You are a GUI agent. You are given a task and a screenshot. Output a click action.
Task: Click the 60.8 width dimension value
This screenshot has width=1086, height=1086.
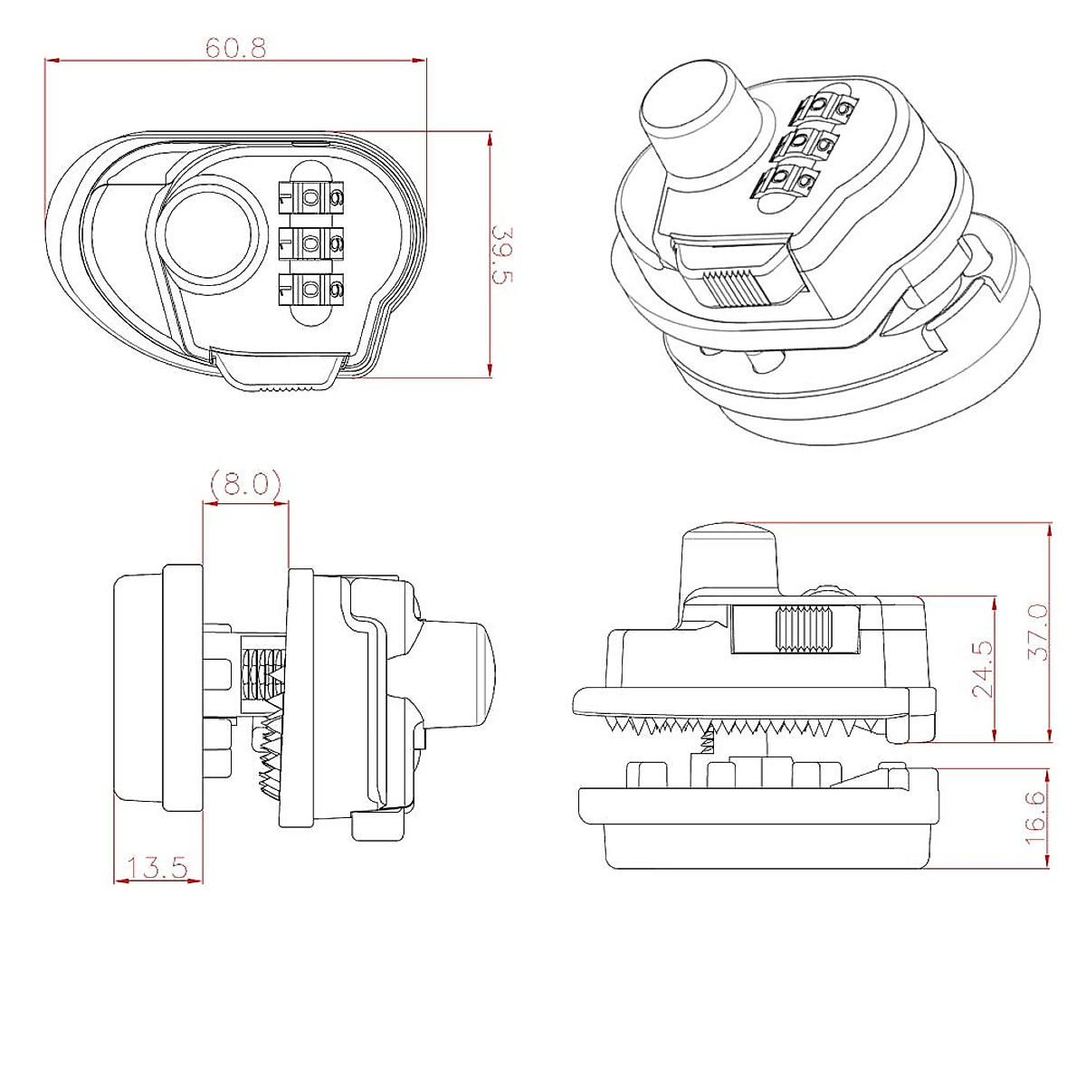pyautogui.click(x=235, y=48)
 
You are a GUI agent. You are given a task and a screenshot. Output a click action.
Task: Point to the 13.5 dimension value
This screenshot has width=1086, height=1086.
pyautogui.click(x=157, y=869)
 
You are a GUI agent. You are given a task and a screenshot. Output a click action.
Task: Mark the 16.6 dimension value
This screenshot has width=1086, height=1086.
pyautogui.click(x=1037, y=817)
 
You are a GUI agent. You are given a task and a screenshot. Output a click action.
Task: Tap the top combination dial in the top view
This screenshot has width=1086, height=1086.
pyautogui.click(x=311, y=195)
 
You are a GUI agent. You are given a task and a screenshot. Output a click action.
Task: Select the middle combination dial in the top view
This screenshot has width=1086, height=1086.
pyautogui.click(x=311, y=242)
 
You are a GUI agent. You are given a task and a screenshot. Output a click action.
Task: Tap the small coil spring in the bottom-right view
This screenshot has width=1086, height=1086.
pyautogui.click(x=708, y=744)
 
